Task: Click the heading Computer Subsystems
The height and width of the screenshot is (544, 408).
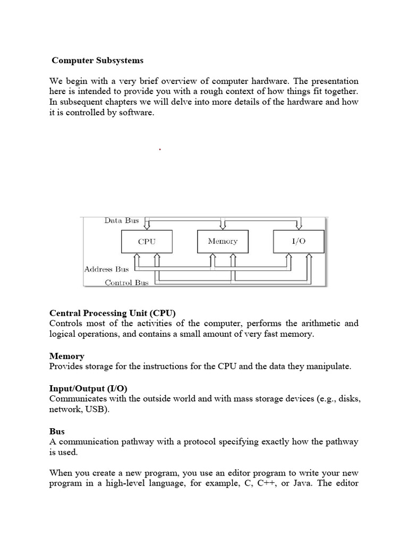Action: pos(97,61)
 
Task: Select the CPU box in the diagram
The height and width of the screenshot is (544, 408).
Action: pos(147,241)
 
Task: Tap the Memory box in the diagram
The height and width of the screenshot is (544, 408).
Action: pos(223,241)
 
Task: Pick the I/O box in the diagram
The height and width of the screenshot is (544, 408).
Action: pos(299,241)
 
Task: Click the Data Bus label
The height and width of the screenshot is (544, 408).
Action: pos(121,220)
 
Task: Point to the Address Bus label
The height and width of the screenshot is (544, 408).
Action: pos(106,269)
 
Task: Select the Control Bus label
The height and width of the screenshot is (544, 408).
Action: pos(126,283)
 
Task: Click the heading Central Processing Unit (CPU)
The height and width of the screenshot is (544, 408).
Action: pos(112,312)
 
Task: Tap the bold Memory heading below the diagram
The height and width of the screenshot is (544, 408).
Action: pos(66,356)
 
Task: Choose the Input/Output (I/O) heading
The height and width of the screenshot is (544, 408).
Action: pos(88,388)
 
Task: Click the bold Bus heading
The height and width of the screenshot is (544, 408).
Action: pos(57,431)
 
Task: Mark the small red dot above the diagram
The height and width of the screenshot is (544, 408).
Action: pos(159,150)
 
